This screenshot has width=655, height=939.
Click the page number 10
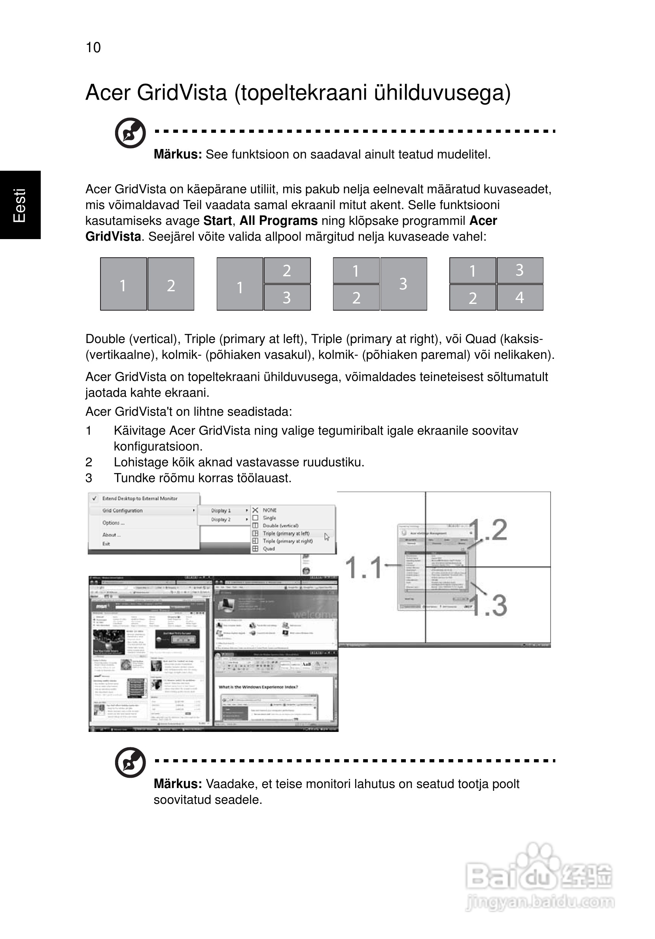(x=93, y=47)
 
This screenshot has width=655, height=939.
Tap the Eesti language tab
(x=20, y=205)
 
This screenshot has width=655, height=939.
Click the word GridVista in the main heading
(x=182, y=93)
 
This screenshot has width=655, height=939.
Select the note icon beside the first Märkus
(x=130, y=133)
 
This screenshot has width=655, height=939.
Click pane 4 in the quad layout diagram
(x=520, y=297)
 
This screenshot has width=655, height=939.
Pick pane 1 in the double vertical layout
(x=123, y=284)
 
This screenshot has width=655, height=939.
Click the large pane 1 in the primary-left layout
(x=240, y=284)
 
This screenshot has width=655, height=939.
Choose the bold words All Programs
(x=278, y=221)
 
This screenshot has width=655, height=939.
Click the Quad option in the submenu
(x=269, y=549)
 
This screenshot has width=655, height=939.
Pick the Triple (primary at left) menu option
(x=286, y=533)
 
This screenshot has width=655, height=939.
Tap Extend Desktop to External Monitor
(x=140, y=498)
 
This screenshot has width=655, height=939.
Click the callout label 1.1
(x=363, y=568)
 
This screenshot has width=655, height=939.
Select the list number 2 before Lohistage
(x=89, y=462)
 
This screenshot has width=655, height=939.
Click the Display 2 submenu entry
(x=221, y=519)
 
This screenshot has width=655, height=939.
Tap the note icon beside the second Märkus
(x=130, y=762)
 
